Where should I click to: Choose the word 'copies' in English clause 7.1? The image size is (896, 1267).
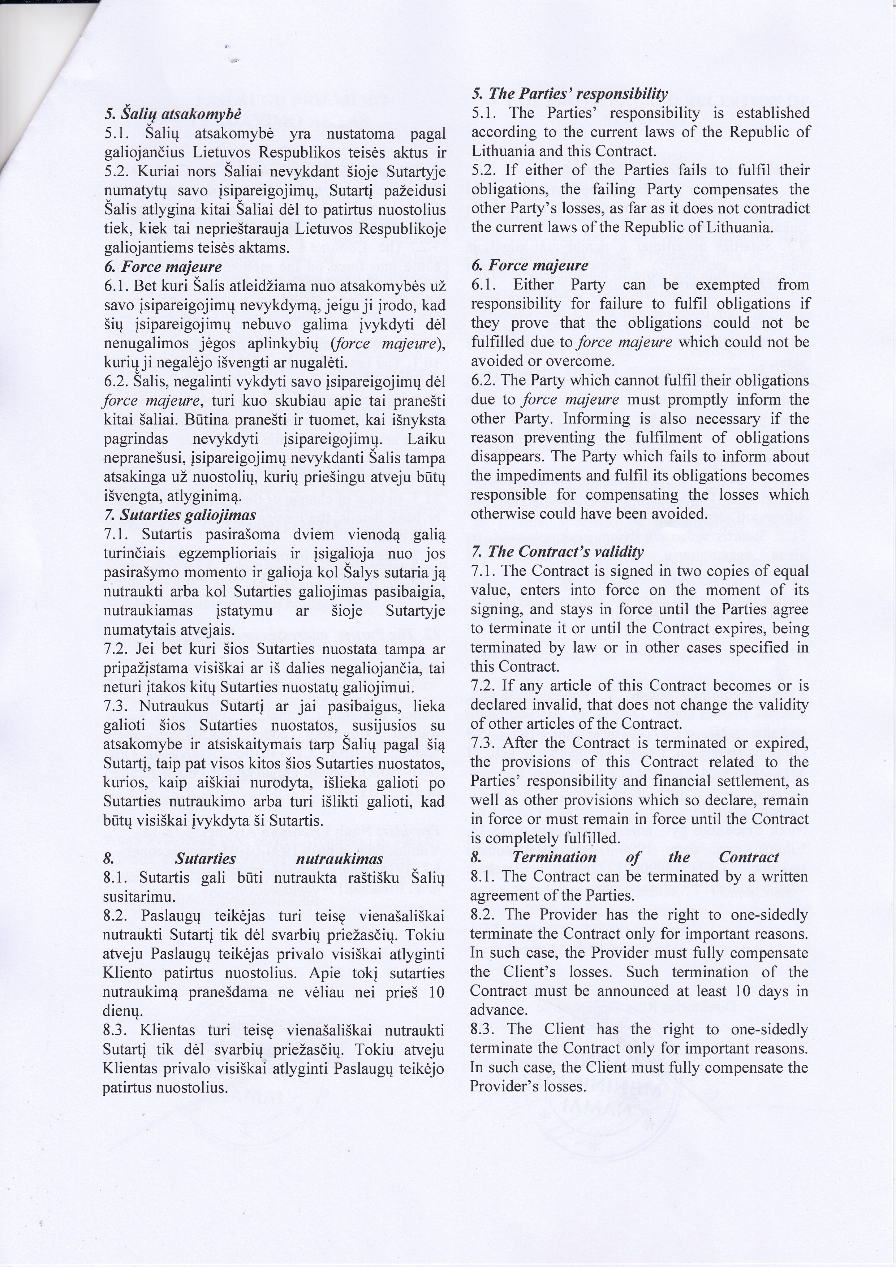628,571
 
